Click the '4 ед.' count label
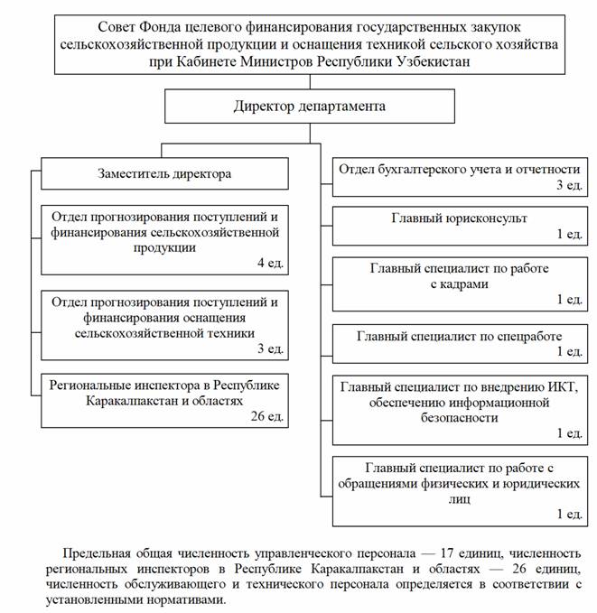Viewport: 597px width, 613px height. pos(268,264)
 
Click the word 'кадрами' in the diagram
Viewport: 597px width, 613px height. pos(459,283)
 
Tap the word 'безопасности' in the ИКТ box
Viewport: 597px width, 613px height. pos(459,418)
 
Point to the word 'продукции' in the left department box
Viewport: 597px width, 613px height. pos(163,247)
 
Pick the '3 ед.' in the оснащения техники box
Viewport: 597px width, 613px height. pos(268,348)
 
